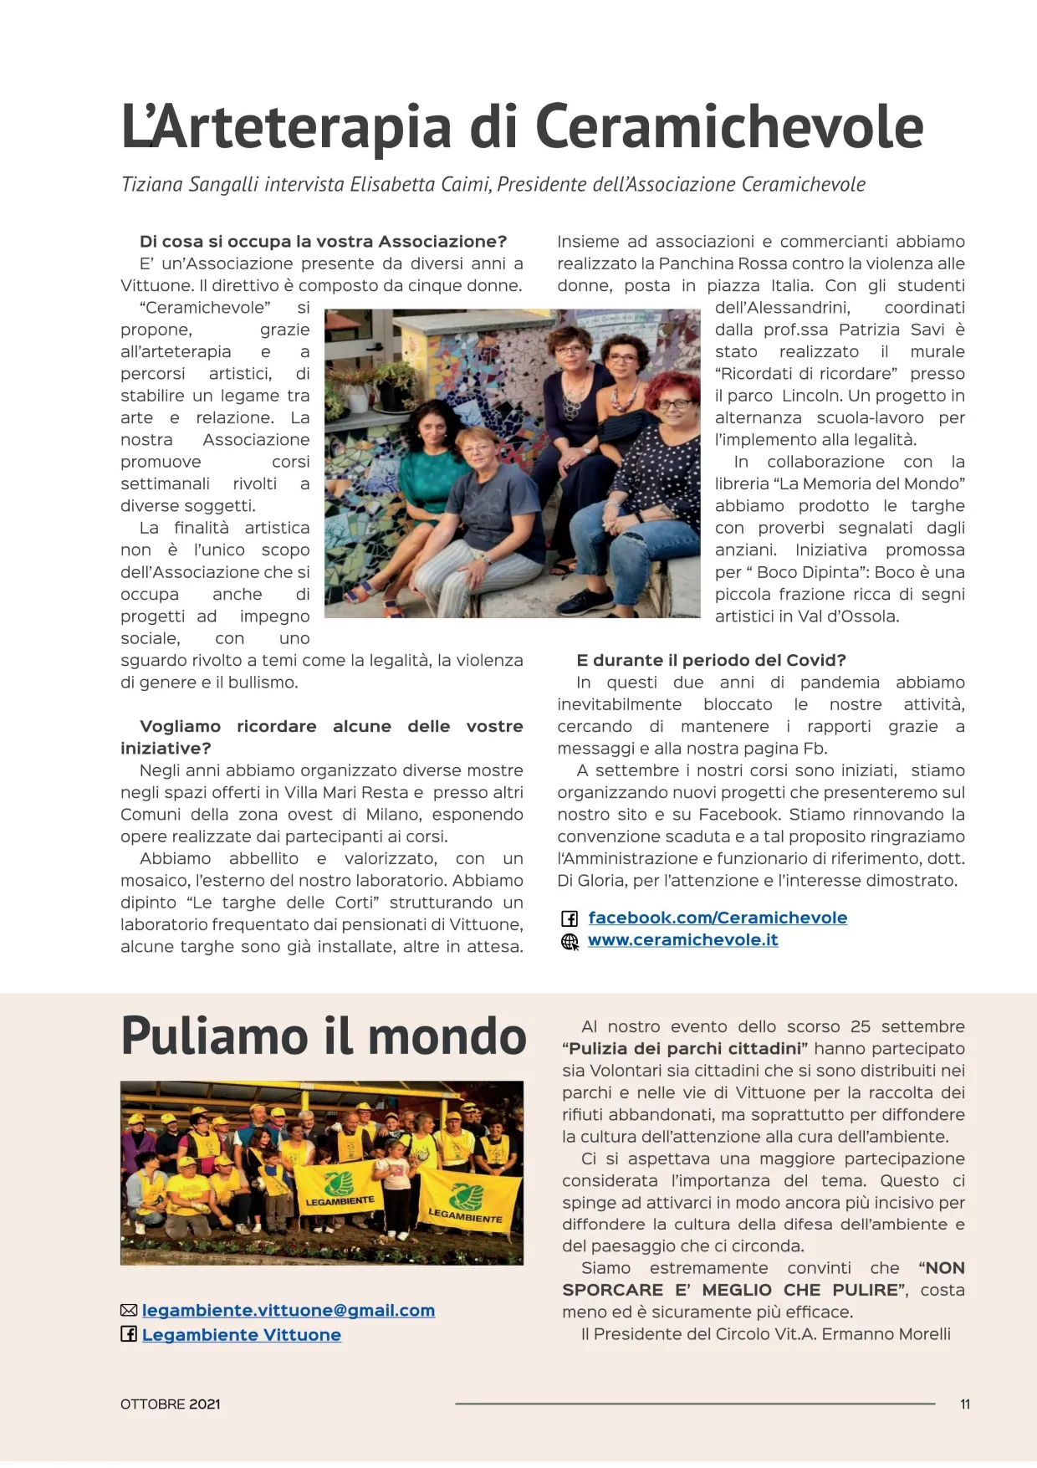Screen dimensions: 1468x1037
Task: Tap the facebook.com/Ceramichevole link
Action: tap(718, 918)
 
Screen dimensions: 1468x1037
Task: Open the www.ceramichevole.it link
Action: tap(682, 940)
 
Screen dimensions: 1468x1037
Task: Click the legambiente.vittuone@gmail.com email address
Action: tap(289, 1311)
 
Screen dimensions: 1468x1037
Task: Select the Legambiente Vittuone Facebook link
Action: tap(242, 1335)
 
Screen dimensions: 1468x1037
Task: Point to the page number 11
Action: tap(965, 1404)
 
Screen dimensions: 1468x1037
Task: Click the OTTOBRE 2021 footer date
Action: tap(171, 1404)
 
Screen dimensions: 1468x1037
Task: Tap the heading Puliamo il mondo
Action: tap(324, 1036)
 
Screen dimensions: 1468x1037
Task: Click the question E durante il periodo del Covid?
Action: tap(711, 660)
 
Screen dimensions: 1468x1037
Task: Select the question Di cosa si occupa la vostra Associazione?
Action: tap(323, 242)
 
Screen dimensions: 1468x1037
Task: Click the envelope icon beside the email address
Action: tap(129, 1311)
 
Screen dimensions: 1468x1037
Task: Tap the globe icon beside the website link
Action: tap(570, 942)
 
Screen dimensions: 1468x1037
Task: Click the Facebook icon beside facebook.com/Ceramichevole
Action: tap(570, 918)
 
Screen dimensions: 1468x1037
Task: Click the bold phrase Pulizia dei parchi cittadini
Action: tap(684, 1049)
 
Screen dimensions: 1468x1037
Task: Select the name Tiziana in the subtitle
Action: tap(152, 185)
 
